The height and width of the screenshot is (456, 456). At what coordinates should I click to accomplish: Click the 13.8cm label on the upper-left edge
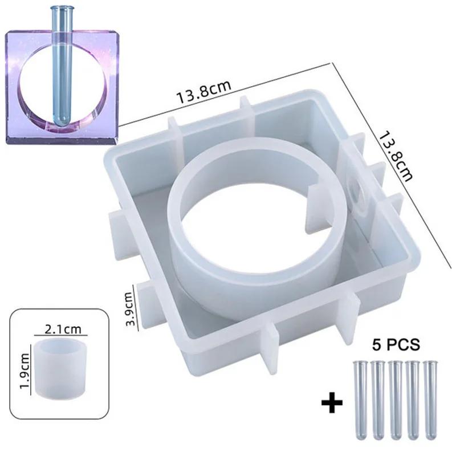point(203,92)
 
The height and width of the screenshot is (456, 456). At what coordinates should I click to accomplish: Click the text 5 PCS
point(396,345)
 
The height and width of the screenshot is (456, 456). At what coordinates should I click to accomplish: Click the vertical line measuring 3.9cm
point(136,308)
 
